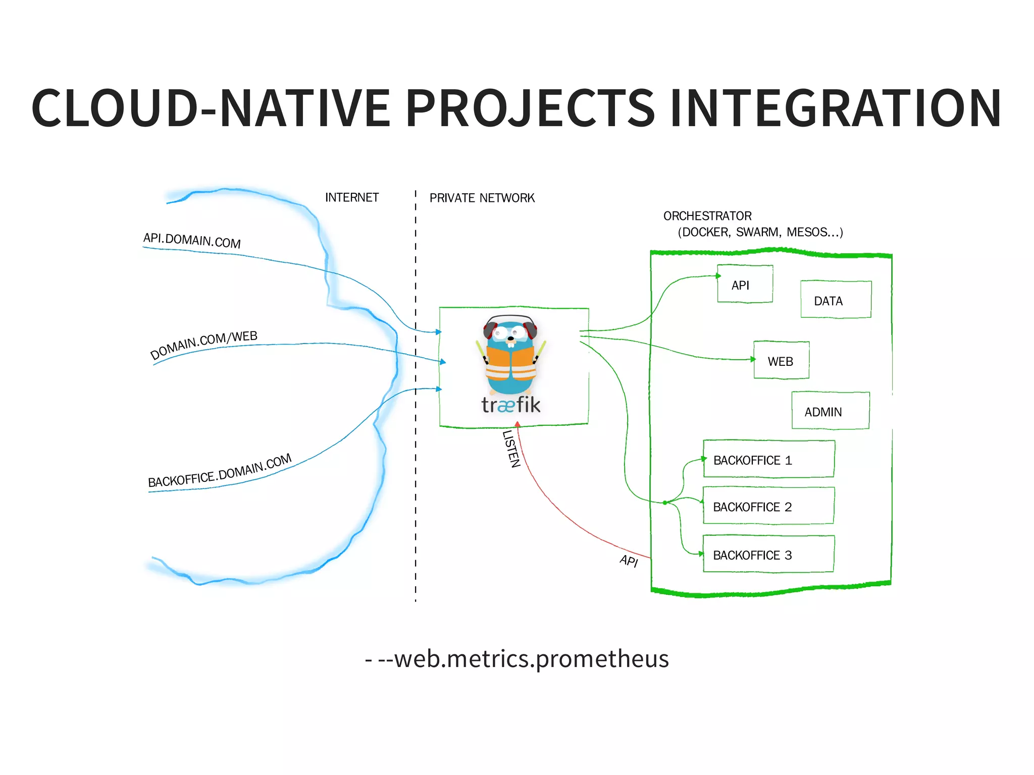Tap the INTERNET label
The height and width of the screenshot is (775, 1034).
click(351, 197)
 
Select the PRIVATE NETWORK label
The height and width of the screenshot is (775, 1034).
click(482, 198)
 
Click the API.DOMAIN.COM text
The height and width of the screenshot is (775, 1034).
click(192, 240)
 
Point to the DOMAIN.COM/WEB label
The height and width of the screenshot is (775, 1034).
click(204, 345)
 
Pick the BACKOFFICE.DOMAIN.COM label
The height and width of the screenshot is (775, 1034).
click(220, 471)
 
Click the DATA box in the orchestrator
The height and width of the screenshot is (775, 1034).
click(836, 300)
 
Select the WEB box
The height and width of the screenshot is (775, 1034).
click(781, 360)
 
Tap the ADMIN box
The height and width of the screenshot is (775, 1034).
click(830, 411)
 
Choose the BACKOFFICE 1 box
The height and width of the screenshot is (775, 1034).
click(768, 459)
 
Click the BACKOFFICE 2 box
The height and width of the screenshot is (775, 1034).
click(768, 506)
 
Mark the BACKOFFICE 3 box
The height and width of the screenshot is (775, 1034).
click(768, 554)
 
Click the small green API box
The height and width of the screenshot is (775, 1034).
click(745, 284)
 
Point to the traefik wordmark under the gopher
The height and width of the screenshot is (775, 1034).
click(511, 405)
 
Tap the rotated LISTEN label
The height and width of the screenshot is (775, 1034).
click(511, 449)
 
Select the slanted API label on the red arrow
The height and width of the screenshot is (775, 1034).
click(629, 561)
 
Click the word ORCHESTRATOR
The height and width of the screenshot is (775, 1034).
click(707, 216)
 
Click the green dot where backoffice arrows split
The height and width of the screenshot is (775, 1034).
click(665, 503)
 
